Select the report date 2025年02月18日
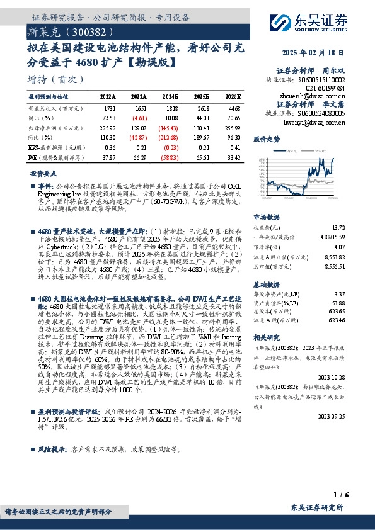coord(313,54)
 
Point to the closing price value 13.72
coord(338,227)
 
